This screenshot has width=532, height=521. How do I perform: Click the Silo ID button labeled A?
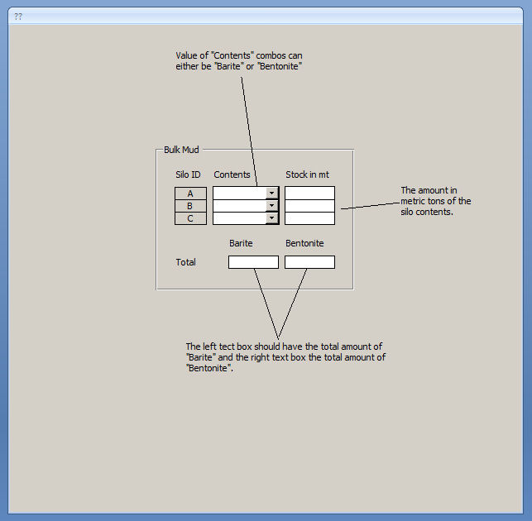[x=190, y=194]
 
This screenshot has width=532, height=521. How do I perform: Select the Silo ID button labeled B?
[x=190, y=206]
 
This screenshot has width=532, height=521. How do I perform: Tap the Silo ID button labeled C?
[x=190, y=218]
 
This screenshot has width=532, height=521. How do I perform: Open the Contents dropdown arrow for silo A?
[x=271, y=194]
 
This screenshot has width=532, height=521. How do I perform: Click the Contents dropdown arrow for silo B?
[x=271, y=206]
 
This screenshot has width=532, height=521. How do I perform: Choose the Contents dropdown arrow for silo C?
[x=271, y=218]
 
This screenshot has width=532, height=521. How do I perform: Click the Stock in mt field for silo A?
[x=309, y=194]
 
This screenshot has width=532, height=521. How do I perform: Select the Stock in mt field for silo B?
[x=309, y=206]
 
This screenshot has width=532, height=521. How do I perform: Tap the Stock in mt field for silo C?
[x=309, y=218]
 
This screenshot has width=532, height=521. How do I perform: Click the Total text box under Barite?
[x=253, y=262]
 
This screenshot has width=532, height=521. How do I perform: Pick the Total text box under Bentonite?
[x=309, y=262]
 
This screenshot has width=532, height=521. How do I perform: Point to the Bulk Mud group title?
[x=181, y=150]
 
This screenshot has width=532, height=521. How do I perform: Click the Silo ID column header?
[x=188, y=174]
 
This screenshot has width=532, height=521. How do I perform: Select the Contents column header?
[x=232, y=174]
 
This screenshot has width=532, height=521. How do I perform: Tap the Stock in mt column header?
[x=307, y=174]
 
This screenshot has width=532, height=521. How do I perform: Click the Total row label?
[x=185, y=262]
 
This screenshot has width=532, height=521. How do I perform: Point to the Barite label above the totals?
[x=241, y=243]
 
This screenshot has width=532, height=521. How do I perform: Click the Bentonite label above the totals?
[x=304, y=243]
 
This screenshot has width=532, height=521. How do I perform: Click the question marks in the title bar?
[x=18, y=17]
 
